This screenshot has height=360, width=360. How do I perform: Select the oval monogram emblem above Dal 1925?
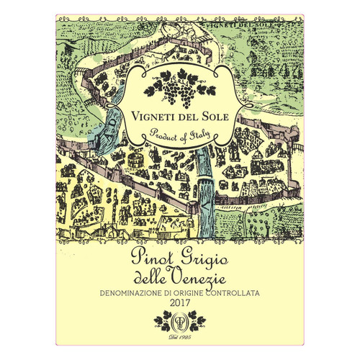180,323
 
